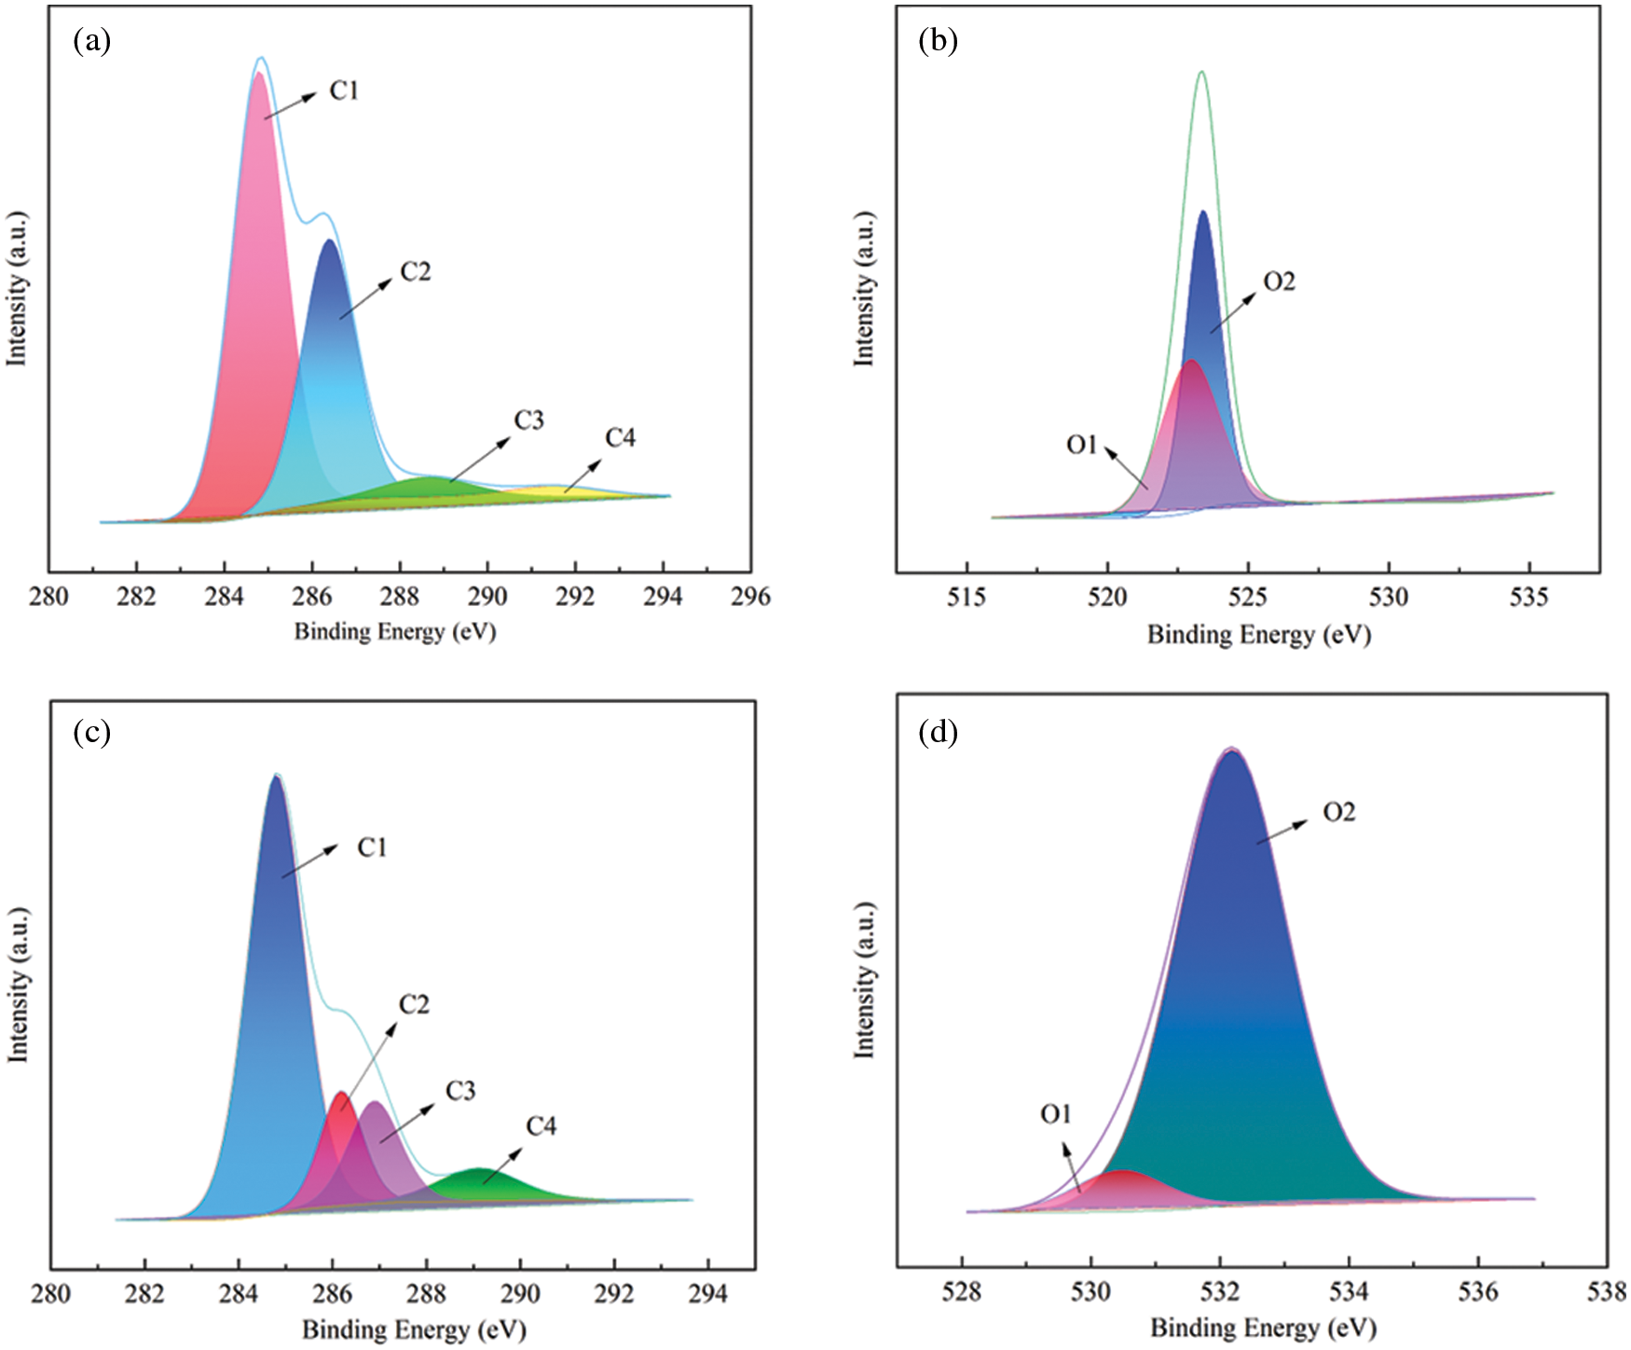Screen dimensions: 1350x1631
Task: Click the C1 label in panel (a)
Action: pyautogui.click(x=344, y=90)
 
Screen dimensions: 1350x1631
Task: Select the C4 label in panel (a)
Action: pyautogui.click(x=620, y=437)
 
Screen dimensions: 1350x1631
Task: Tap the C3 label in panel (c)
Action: pyautogui.click(x=460, y=1091)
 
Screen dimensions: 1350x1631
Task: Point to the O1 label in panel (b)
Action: pyautogui.click(x=1082, y=445)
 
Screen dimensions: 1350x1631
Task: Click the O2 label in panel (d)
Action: pyautogui.click(x=1339, y=813)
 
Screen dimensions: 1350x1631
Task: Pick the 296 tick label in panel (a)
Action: pyautogui.click(x=750, y=597)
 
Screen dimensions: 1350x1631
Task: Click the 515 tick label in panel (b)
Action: pyautogui.click(x=966, y=598)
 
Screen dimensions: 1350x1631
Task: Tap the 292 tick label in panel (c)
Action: pyautogui.click(x=614, y=1293)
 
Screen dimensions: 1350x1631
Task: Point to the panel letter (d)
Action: pyautogui.click(x=938, y=733)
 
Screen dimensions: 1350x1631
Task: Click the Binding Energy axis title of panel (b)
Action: pyautogui.click(x=1258, y=635)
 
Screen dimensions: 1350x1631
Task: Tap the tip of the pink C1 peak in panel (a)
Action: pyautogui.click(x=259, y=75)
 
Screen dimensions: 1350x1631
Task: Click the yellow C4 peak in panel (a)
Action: pyautogui.click(x=559, y=490)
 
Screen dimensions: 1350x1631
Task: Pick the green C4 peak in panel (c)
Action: pyautogui.click(x=479, y=1182)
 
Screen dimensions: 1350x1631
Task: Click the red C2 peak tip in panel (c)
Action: pyautogui.click(x=341, y=1095)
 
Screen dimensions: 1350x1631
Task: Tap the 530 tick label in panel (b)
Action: pyautogui.click(x=1389, y=598)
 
